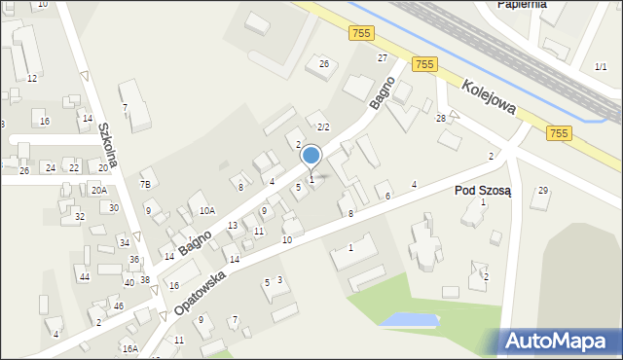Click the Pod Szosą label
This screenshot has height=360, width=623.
(x=489, y=190)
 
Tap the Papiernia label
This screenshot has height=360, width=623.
(x=522, y=4)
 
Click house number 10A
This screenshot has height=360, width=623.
(x=206, y=210)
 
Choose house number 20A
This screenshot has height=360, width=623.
(x=99, y=190)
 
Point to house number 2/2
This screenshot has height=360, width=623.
(x=324, y=127)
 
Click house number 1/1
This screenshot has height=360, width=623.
(x=601, y=66)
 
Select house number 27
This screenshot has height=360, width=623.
(x=383, y=58)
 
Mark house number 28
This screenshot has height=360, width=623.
(x=441, y=118)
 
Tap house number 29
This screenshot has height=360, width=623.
(x=543, y=190)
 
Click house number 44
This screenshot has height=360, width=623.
(x=85, y=277)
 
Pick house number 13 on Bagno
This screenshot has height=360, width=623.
(x=232, y=226)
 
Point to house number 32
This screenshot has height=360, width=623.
(x=80, y=216)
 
